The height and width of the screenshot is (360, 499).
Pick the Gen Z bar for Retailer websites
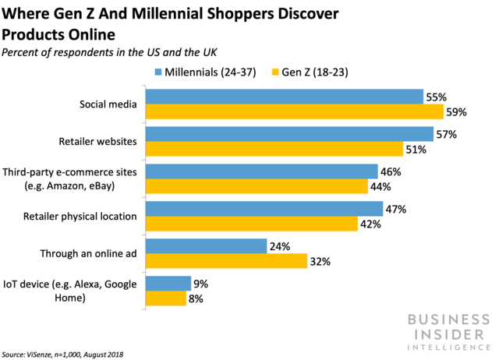pos(274,149)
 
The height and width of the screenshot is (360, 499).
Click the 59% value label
pos(456,111)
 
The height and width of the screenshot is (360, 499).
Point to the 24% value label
pos(280,246)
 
